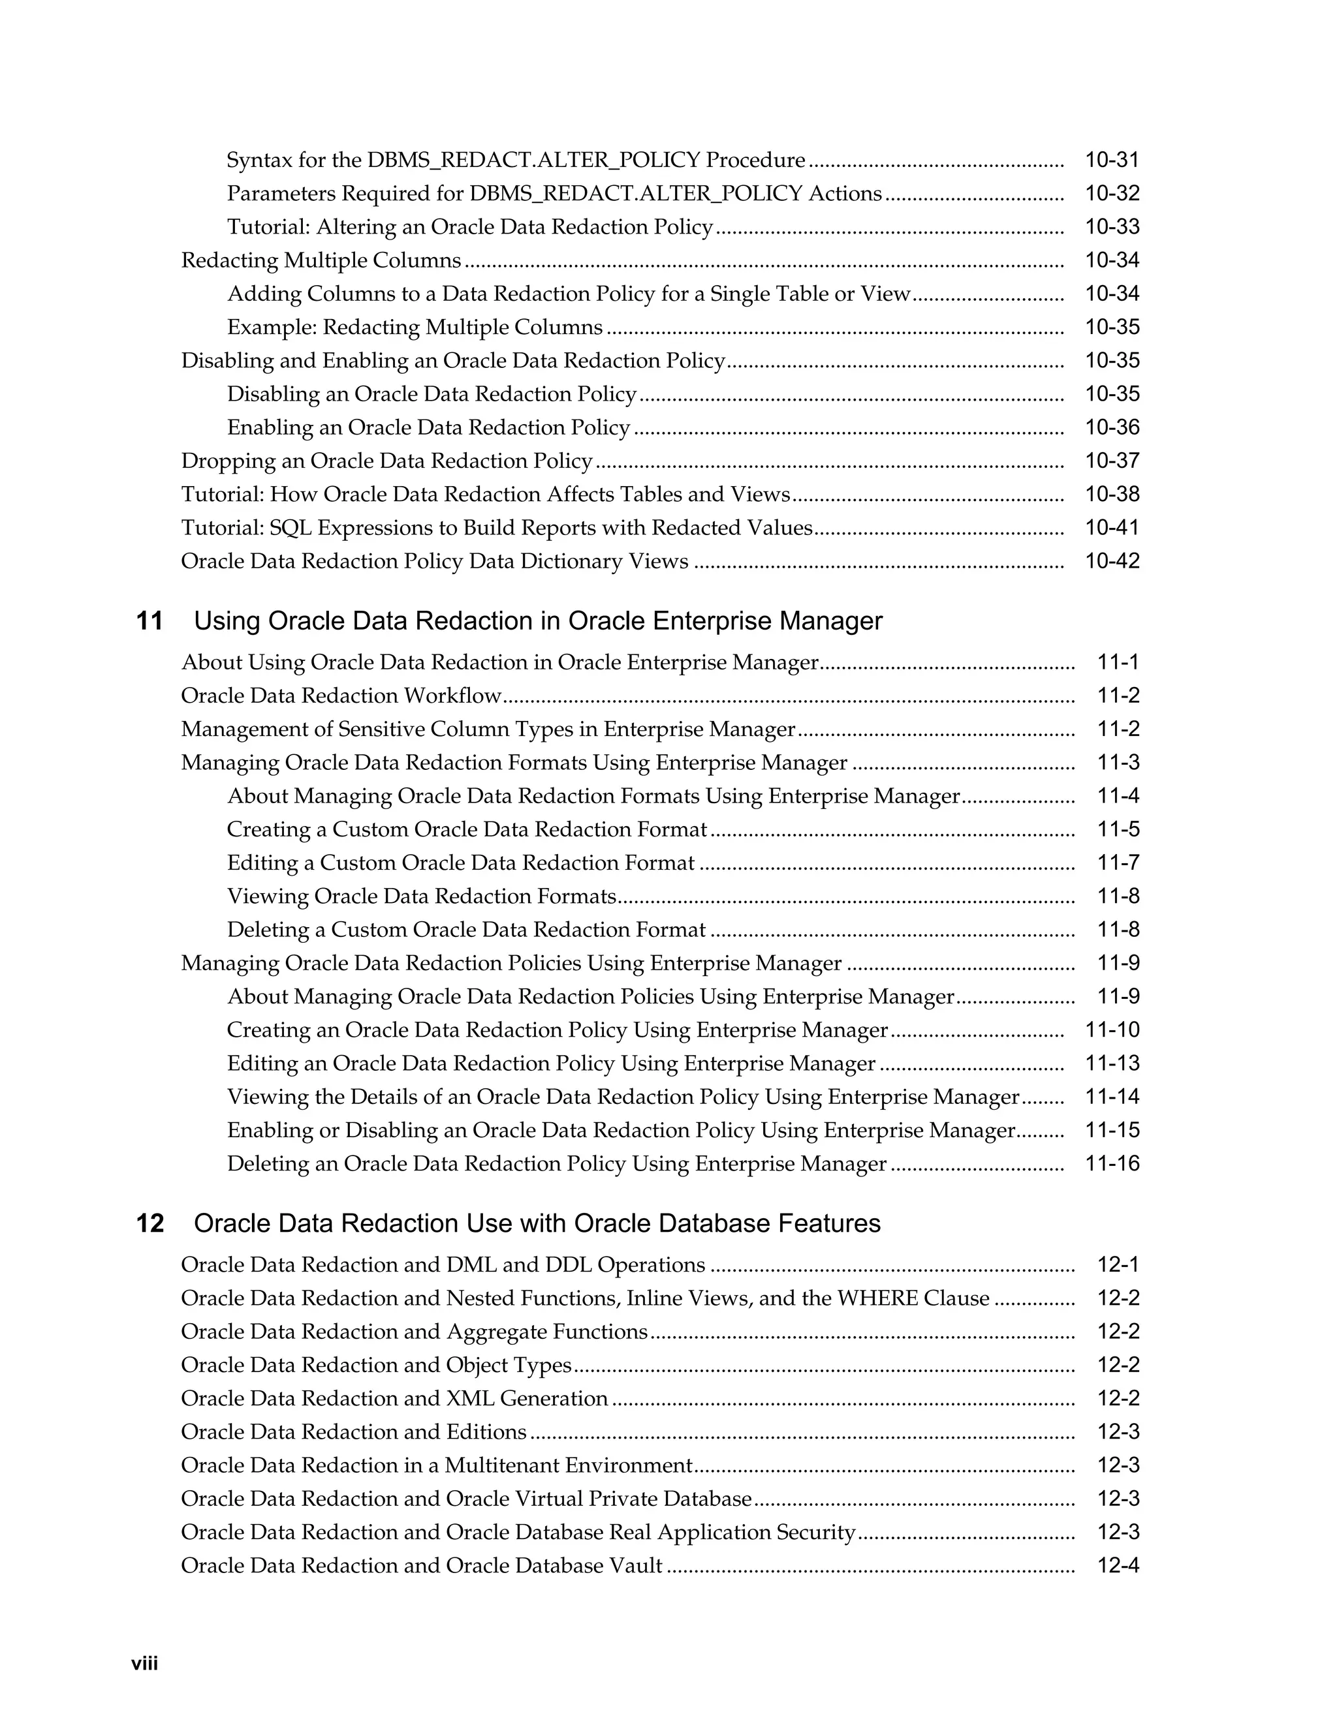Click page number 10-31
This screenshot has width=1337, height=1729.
click(1111, 160)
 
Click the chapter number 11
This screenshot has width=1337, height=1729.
click(149, 620)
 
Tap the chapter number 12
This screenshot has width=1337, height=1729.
click(149, 1223)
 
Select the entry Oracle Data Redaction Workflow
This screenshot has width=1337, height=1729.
click(341, 696)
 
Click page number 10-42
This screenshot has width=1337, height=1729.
click(1111, 561)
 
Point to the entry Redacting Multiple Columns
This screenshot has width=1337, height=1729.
click(321, 260)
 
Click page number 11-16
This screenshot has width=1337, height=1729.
click(1111, 1164)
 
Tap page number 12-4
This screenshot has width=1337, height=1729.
click(1118, 1565)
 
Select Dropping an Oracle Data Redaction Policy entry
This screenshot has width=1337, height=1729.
click(386, 461)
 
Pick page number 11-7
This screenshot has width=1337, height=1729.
click(1118, 863)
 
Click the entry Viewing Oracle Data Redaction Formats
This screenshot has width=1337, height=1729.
click(421, 896)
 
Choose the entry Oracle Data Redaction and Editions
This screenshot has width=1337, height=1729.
click(353, 1431)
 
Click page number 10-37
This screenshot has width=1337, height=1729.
click(1111, 461)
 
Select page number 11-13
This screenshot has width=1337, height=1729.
click(1111, 1063)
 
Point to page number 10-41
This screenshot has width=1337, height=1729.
click(1111, 528)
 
